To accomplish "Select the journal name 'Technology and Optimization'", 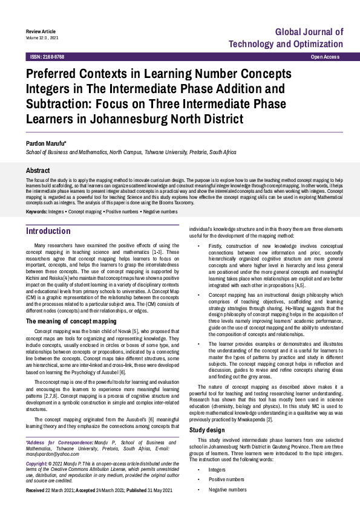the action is [x=286, y=44].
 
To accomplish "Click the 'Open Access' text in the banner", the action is [x=325, y=57].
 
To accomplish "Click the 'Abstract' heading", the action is [x=38, y=171].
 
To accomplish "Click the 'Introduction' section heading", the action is [x=48, y=231].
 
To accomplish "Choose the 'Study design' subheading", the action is [x=207, y=430].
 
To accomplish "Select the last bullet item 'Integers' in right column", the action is [x=217, y=469].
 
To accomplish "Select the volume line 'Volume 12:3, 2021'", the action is [x=42, y=37].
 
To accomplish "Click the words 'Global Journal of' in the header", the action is [x=309, y=31].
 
